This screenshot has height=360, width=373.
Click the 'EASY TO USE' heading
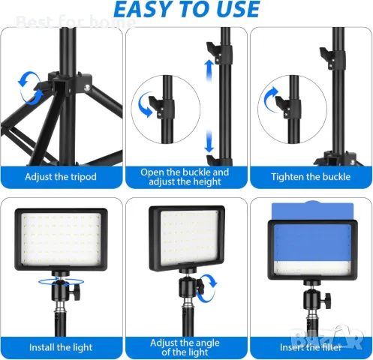(x=187, y=10)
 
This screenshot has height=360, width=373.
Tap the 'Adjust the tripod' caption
(x=61, y=177)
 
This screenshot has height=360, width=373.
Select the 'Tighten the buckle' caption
(x=311, y=177)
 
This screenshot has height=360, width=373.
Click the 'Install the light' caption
(x=61, y=347)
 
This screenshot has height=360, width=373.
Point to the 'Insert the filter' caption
(x=311, y=347)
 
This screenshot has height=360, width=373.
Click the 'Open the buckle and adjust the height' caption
(x=185, y=177)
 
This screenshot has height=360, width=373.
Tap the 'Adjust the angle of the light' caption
(x=185, y=347)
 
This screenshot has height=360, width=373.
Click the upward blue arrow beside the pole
(x=209, y=70)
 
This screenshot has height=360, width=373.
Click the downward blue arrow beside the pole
(x=209, y=141)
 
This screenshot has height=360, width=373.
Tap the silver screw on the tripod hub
(x=87, y=87)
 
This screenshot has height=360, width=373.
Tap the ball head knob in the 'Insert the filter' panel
(x=327, y=298)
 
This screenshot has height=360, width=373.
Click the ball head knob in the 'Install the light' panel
(x=77, y=290)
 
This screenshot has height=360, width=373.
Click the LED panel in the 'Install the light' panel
(x=61, y=239)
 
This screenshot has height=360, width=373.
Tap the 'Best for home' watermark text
(x=76, y=22)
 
